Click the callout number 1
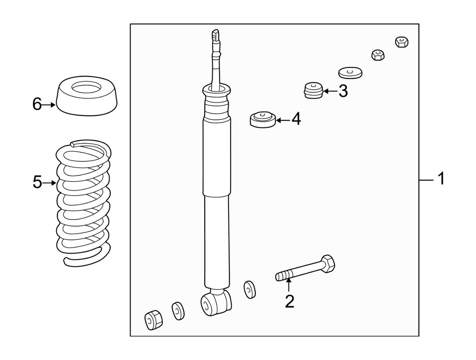pyautogui.click(x=441, y=179)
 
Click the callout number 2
pyautogui.click(x=290, y=302)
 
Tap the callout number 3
pyautogui.click(x=343, y=91)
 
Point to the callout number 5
pyautogui.click(x=37, y=182)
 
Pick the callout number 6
pyautogui.click(x=37, y=104)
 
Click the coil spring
pyautogui.click(x=84, y=203)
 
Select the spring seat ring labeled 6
pyautogui.click(x=87, y=96)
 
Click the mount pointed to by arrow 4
pyautogui.click(x=263, y=119)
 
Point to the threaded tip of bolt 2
pyautogui.click(x=280, y=276)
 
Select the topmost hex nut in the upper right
pyautogui.click(x=402, y=42)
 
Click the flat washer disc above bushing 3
pyautogui.click(x=350, y=73)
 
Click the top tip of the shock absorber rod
pyautogui.click(x=215, y=30)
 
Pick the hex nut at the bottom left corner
pyautogui.click(x=153, y=320)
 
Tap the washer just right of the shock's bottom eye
pyautogui.click(x=250, y=289)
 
